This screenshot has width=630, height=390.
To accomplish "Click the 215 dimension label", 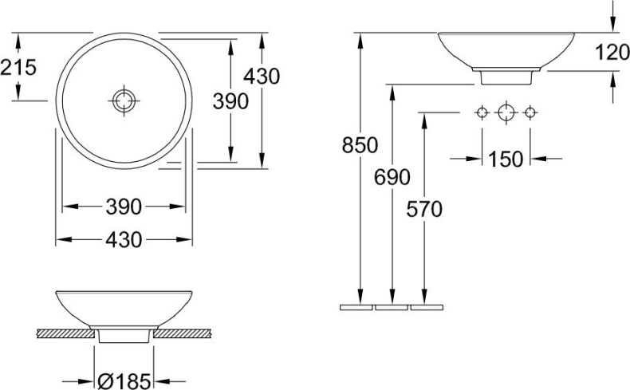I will pos(18,67).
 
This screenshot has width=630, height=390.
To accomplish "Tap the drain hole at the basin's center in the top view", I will pos(124,100).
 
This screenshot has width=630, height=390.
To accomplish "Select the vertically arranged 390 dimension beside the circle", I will pos(230,100).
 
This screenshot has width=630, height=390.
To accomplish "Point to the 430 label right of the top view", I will pos(262,77).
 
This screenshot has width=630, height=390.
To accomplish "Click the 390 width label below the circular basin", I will pos(124,207).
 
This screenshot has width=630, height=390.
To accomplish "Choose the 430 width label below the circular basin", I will pos(124,239).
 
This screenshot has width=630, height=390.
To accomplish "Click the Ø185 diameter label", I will pos(124,382).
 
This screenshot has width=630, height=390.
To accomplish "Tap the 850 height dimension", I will pos(360,145).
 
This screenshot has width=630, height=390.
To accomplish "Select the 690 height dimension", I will pos(392,177).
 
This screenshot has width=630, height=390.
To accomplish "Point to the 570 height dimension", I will pos(423,209).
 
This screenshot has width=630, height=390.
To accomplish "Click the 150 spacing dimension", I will pos(506,159).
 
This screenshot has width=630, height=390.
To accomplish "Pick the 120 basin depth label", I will pos(612,53).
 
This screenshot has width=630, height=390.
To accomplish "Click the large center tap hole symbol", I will pos(504,112).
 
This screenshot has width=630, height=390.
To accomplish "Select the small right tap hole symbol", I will pos(527,112).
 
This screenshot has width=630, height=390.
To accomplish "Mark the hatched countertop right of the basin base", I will pos(181,333).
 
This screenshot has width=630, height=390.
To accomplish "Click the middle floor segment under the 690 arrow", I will pos(392,305).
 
